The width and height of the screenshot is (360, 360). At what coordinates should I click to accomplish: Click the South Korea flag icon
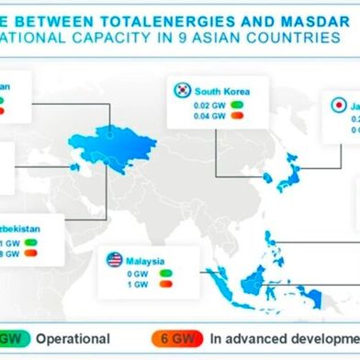181,90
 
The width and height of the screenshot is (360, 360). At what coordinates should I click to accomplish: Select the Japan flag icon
336,106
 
